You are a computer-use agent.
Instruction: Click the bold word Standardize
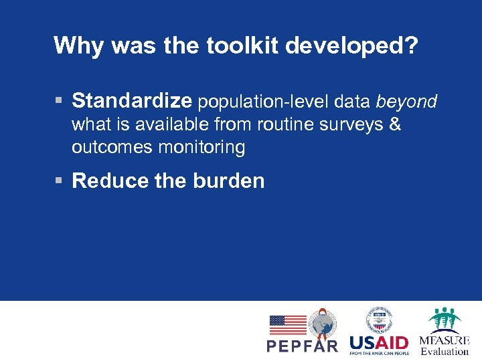tap(132, 101)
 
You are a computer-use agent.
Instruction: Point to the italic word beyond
tap(406, 102)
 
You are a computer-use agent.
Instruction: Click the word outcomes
tap(112, 147)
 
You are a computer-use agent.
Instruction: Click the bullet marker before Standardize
tap(59, 102)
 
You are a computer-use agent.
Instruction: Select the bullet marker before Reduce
tap(59, 181)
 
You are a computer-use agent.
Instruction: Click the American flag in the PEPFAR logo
tap(288, 325)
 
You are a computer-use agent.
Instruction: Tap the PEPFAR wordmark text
tap(303, 346)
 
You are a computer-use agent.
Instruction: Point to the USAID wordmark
tap(379, 342)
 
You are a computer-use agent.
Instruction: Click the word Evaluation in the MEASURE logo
tap(445, 351)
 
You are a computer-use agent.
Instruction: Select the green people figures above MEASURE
tap(445, 320)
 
